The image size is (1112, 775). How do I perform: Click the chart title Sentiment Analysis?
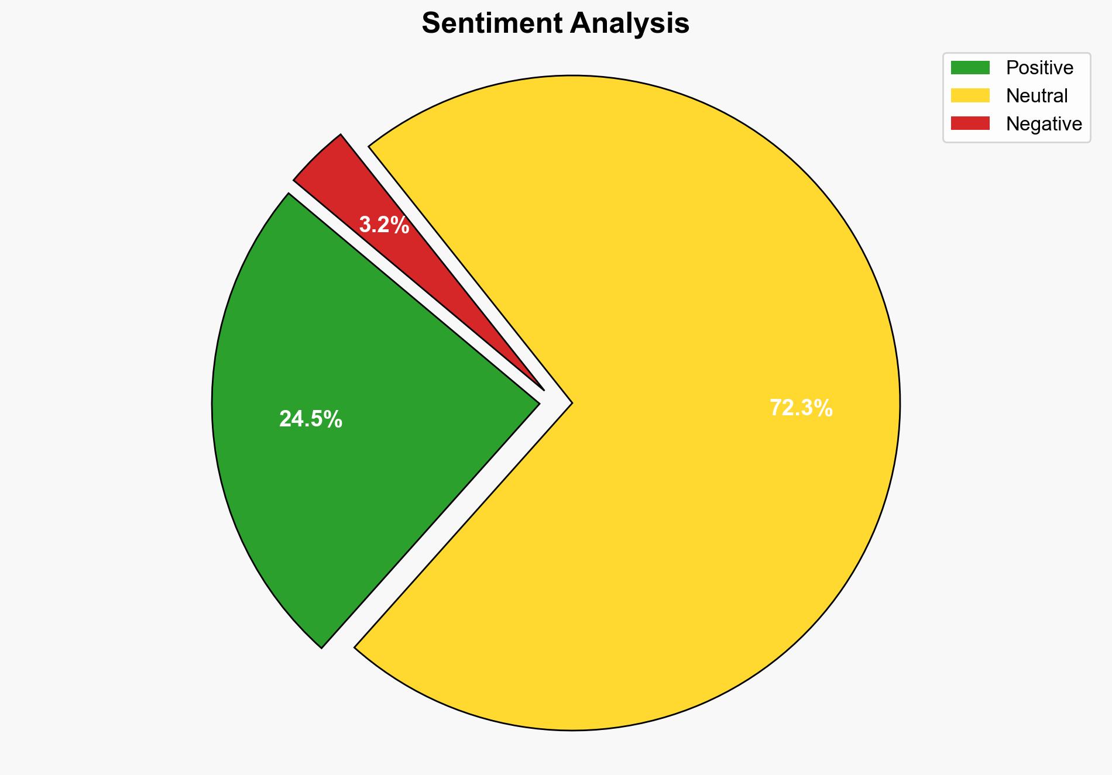555,24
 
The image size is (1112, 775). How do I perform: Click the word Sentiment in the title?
491,24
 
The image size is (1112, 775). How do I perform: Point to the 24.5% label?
310,419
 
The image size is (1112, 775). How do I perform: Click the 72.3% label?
801,408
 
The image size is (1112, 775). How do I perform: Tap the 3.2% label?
383,225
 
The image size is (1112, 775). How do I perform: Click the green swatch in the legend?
970,68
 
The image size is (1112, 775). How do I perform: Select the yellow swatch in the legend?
970,95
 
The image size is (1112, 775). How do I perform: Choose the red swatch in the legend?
970,123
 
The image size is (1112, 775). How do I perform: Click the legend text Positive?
1039,68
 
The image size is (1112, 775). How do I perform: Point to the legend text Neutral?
1037,95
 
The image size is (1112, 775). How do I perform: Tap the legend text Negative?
1044,123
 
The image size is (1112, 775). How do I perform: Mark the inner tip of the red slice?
543,389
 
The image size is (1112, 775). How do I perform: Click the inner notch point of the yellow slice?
571,402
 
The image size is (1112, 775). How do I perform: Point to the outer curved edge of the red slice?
316,156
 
